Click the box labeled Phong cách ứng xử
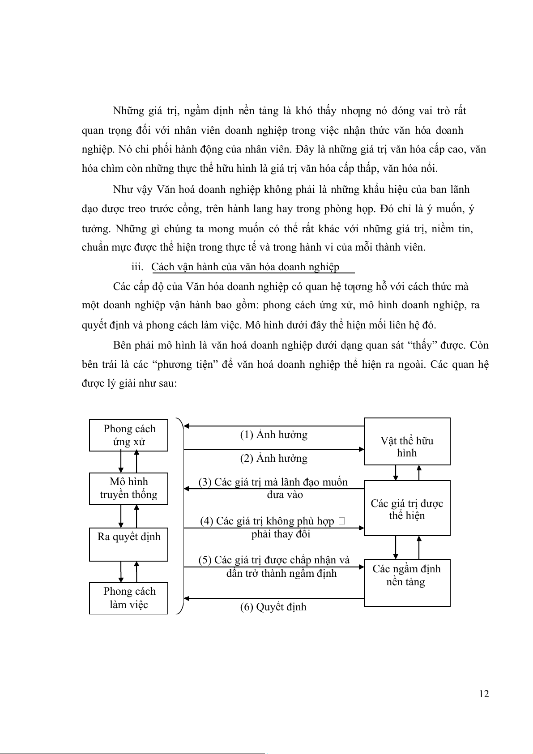(129, 435)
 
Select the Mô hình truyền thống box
(129, 488)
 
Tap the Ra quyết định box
(129, 545)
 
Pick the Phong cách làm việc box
(129, 598)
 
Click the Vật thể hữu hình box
(407, 442)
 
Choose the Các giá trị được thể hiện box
(407, 508)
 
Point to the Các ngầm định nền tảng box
(407, 582)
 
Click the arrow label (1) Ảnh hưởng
(273, 435)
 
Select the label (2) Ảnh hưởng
(273, 459)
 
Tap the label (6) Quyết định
(273, 607)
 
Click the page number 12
(483, 694)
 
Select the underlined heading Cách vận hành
(245, 267)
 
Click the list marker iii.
(137, 267)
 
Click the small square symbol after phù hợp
(342, 521)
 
